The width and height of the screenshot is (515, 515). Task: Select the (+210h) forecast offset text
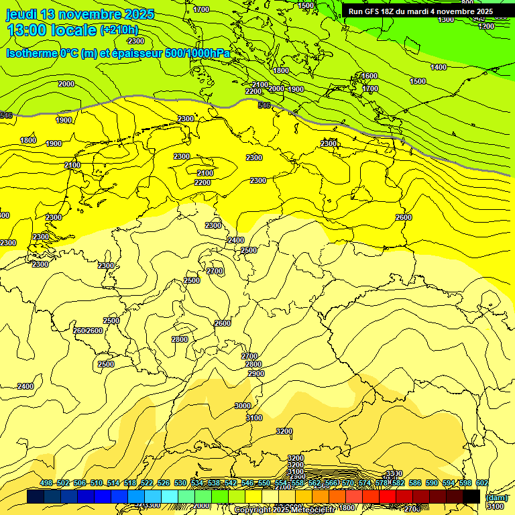coord(119,30)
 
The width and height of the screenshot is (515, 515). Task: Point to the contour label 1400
coord(439,68)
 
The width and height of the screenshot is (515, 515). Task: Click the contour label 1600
coord(369,76)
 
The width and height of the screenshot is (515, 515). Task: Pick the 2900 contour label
coord(255,374)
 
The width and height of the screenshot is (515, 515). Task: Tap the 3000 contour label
coord(243,406)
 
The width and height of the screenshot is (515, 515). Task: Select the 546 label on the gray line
coord(264,105)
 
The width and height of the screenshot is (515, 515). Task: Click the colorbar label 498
coord(46,483)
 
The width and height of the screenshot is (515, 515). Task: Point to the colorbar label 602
coord(482,483)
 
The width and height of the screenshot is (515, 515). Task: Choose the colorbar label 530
coord(180,483)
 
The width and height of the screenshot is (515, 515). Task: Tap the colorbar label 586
coord(415,483)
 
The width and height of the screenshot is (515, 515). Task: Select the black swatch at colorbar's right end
coord(471,497)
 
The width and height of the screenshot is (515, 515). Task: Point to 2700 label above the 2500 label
coord(215,271)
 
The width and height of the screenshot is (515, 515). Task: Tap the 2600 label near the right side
coord(404,218)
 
